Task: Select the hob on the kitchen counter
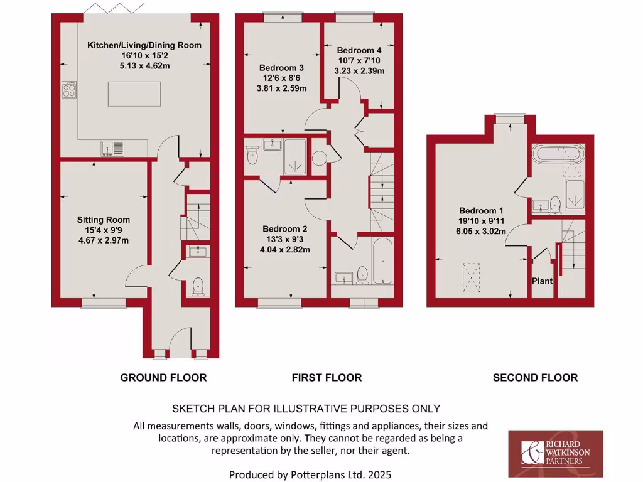[68, 89]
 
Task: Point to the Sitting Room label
[104, 220]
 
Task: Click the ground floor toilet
[198, 286]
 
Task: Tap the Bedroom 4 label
[359, 50]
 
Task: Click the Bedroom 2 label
[284, 229]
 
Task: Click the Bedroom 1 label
[480, 211]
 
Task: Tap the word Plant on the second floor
[543, 281]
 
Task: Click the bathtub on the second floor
[558, 154]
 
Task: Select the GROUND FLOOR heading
[163, 378]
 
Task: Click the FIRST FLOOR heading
[327, 378]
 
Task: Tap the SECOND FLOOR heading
[535, 378]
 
